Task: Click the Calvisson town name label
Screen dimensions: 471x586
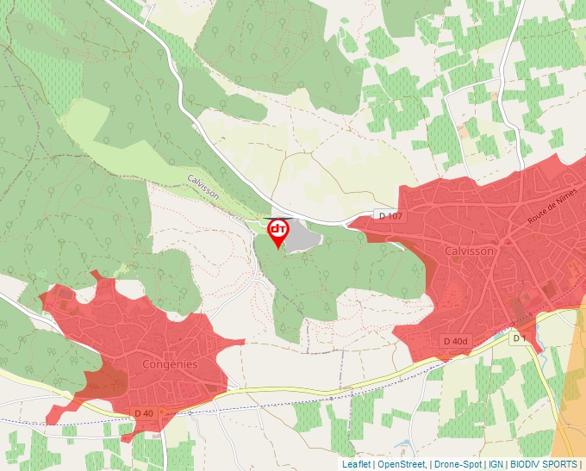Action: click(470, 251)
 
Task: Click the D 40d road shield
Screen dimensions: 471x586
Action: click(455, 341)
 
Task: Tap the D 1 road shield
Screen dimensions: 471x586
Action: click(519, 338)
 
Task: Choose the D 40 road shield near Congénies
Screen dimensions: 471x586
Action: click(144, 413)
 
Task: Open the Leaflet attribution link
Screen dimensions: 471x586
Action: click(356, 464)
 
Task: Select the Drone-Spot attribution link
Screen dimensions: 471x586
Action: click(458, 464)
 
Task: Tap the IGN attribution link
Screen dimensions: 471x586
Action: click(496, 464)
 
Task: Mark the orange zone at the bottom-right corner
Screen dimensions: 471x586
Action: click(570, 422)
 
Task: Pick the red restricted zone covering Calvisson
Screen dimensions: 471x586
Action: click(483, 284)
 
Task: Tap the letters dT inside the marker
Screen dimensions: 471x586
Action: click(278, 229)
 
